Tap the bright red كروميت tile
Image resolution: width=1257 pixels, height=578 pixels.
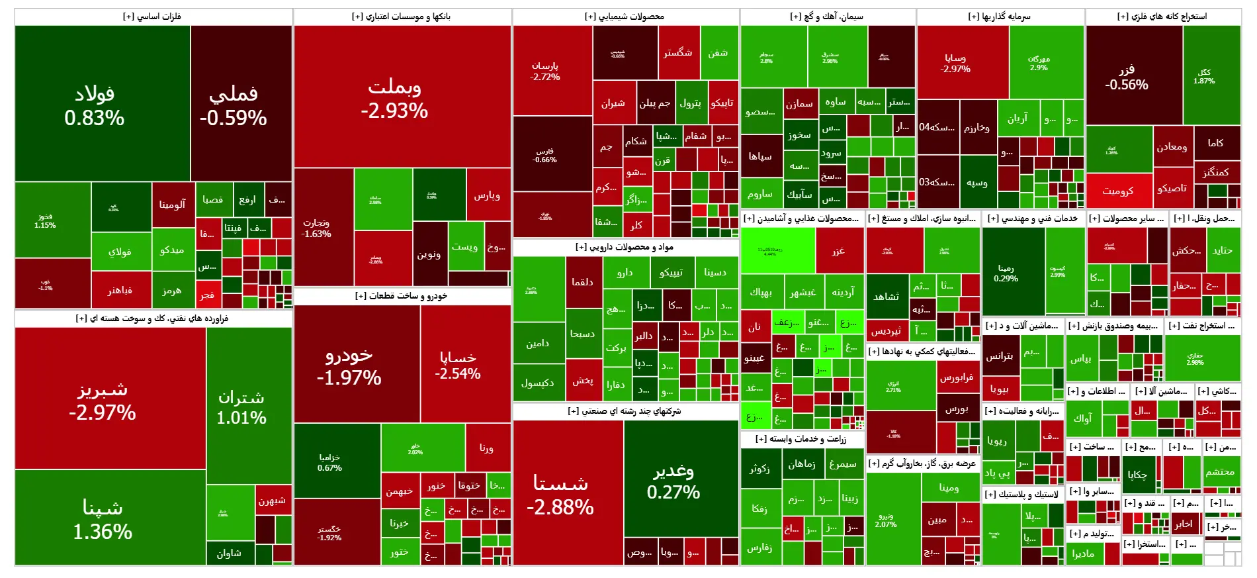1118,191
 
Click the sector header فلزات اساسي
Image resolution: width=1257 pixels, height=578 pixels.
153,17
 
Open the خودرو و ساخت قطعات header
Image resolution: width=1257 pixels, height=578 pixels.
402,296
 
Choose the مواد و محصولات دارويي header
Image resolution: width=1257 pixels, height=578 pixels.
625,247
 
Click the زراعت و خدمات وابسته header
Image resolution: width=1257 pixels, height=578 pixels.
801,439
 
